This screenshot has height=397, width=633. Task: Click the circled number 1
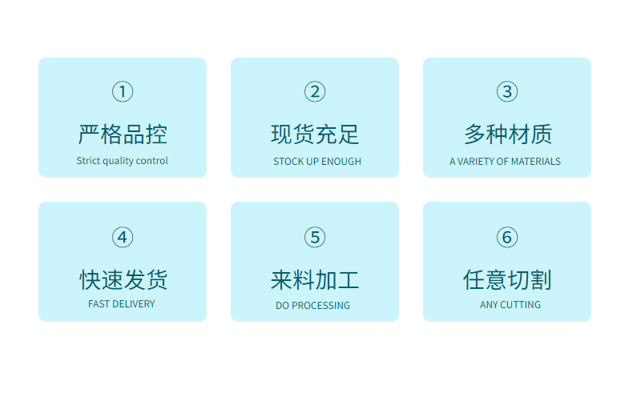123,92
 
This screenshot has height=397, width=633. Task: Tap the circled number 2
315,92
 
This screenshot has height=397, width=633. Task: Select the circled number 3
506,92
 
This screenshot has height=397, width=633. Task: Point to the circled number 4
123,237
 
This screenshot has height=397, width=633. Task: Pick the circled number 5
315,237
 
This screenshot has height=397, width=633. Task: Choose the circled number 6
506,237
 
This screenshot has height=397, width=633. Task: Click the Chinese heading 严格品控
123,134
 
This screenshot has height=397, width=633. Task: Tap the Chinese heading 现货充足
315,134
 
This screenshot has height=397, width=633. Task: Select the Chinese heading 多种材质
507,134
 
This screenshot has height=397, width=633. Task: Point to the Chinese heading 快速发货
123,279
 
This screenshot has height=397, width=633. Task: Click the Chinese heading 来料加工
315,279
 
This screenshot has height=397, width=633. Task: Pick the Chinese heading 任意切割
507,279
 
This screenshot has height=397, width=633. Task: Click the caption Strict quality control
123,161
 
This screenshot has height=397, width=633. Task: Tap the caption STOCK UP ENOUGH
317,162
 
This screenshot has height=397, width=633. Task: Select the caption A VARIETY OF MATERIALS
505,162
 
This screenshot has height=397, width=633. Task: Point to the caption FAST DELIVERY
122,304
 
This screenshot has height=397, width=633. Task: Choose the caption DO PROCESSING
312,306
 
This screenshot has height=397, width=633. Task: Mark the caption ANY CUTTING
510,305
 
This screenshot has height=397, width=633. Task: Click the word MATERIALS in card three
536,162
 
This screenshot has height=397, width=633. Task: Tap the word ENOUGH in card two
342,162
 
